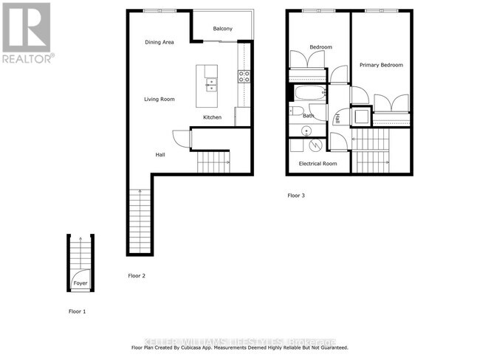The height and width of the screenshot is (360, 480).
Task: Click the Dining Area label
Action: tap(159, 42)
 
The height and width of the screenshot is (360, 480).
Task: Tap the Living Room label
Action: tap(159, 99)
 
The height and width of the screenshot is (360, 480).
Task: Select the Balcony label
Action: tap(223, 29)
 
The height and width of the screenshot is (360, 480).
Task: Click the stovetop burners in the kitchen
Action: tap(244, 74)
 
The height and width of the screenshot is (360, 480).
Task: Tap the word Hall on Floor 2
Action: tap(160, 155)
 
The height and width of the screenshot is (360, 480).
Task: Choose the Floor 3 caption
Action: tap(295, 195)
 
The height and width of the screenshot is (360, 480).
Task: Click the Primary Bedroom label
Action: tap(381, 65)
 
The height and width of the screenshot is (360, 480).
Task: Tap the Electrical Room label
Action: tap(318, 164)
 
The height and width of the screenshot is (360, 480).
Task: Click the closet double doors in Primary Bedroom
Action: tap(391, 104)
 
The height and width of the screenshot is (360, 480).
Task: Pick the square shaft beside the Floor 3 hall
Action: tap(362, 116)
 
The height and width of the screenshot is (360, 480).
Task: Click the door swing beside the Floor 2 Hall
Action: tap(180, 138)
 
